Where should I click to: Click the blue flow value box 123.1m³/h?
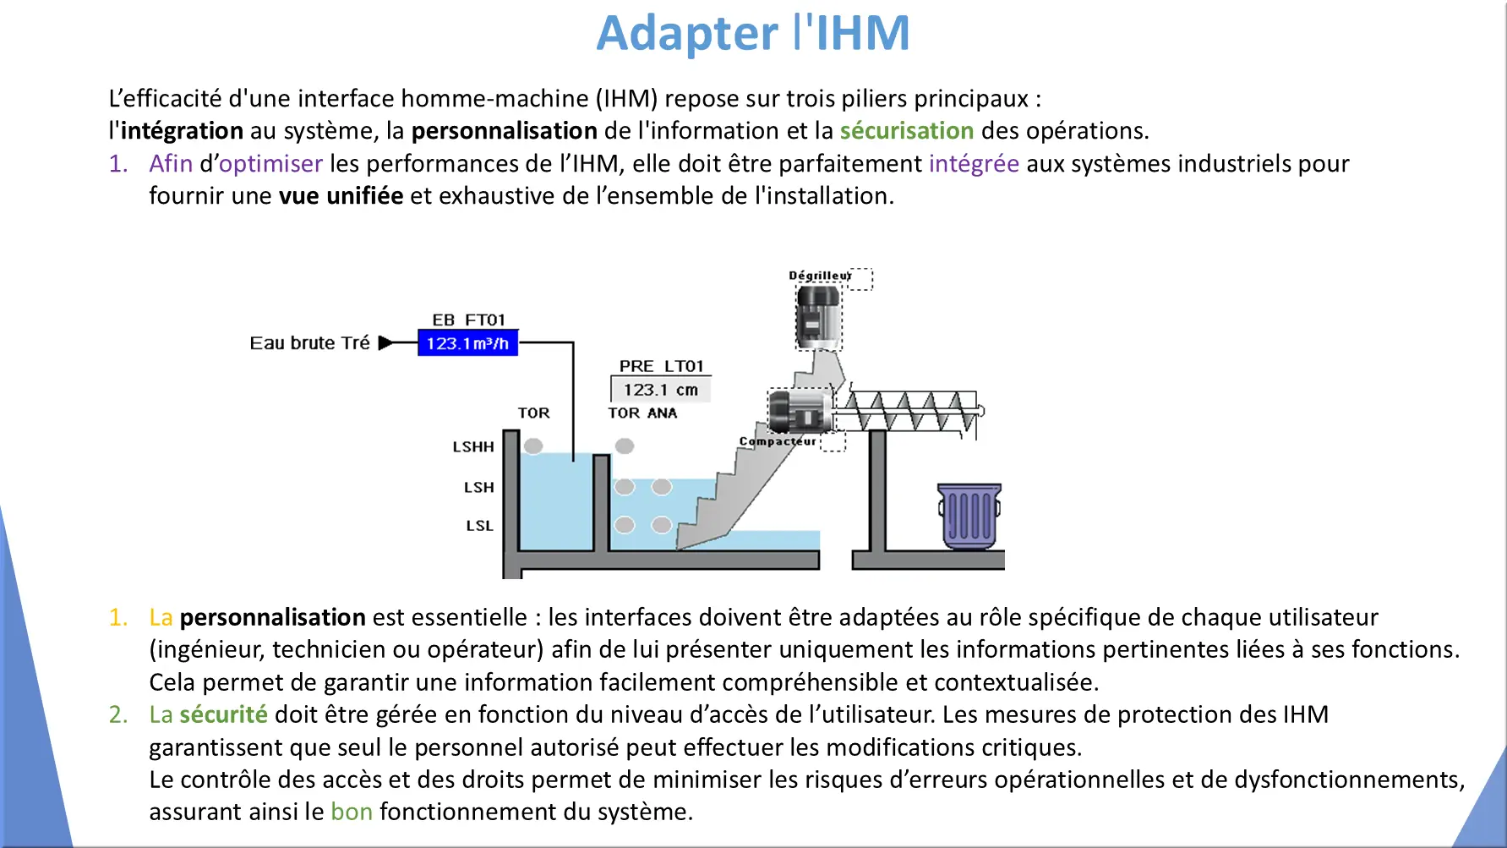point(467,342)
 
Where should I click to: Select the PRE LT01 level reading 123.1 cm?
point(661,390)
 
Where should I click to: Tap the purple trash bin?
point(969,516)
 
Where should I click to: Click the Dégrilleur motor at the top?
point(819,317)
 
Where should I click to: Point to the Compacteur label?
point(778,441)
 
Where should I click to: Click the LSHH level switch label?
point(473,446)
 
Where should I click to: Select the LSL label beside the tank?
point(479,525)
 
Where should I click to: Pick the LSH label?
point(478,487)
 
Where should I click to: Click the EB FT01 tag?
point(468,320)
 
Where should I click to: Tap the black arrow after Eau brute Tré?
point(385,342)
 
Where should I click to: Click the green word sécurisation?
point(907,130)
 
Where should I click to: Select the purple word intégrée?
point(974,163)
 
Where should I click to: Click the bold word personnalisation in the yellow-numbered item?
point(272,617)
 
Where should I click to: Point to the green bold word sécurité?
point(224,714)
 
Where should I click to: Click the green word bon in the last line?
point(352,812)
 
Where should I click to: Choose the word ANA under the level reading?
point(662,413)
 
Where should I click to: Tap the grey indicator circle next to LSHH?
point(533,446)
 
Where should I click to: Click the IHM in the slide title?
point(862,34)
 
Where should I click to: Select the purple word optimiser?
point(270,163)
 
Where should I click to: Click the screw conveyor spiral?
point(909,412)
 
